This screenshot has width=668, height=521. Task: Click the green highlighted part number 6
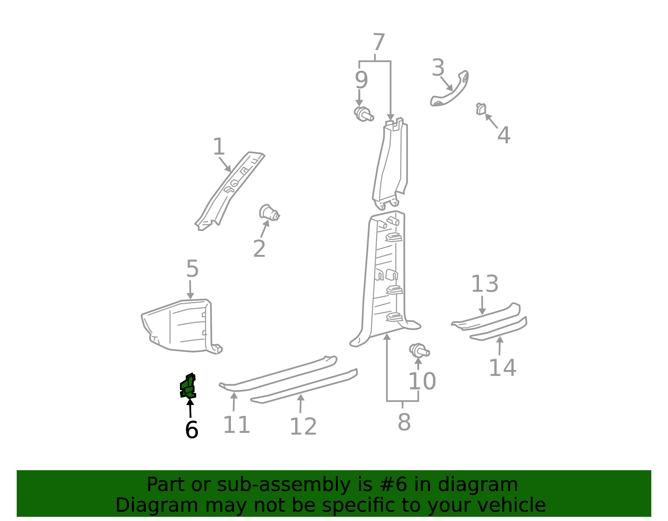pyautogui.click(x=188, y=386)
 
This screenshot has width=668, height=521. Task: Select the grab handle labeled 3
pyautogui.click(x=449, y=89)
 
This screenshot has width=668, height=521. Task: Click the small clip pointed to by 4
pyautogui.click(x=481, y=109)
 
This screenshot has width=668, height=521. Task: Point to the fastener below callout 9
pyautogui.click(x=364, y=114)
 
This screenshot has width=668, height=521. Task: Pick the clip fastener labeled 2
pyautogui.click(x=269, y=212)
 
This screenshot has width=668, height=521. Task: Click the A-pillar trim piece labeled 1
pyautogui.click(x=229, y=191)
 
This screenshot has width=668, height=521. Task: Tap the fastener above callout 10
pyautogui.click(x=419, y=350)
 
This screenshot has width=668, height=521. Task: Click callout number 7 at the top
pyautogui.click(x=379, y=42)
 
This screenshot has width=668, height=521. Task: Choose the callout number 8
pyautogui.click(x=404, y=422)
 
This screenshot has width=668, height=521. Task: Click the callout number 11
pyautogui.click(x=236, y=425)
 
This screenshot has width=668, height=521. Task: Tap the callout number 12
pyautogui.click(x=303, y=426)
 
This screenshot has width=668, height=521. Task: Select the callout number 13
pyautogui.click(x=485, y=284)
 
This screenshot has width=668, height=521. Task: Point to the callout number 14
pyautogui.click(x=502, y=367)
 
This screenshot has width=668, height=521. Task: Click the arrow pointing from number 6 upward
pyautogui.click(x=190, y=408)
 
